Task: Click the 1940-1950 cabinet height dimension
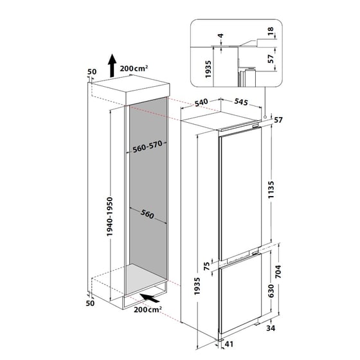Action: coord(110,217)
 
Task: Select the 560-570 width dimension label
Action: coord(147,147)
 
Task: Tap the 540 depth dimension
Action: coord(201,102)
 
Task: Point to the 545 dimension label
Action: coord(241,102)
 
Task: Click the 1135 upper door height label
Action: coord(271,190)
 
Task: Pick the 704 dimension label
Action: coord(278,271)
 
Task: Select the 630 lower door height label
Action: coord(271,291)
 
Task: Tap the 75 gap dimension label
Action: coord(207,266)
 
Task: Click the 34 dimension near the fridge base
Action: coord(271,328)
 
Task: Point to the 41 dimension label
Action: coord(229,344)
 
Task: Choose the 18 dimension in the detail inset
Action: coord(271,31)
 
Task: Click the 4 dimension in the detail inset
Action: coord(221,35)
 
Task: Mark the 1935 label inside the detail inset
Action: coord(208,69)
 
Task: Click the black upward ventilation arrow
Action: coord(112,66)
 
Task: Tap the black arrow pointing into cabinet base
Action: coord(149,298)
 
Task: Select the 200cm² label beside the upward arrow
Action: coord(134,68)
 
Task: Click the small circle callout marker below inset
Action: coord(265,117)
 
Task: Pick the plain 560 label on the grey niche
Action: coord(147,214)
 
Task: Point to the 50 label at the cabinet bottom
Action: coord(90,303)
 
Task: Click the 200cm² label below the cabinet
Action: coord(148,309)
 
